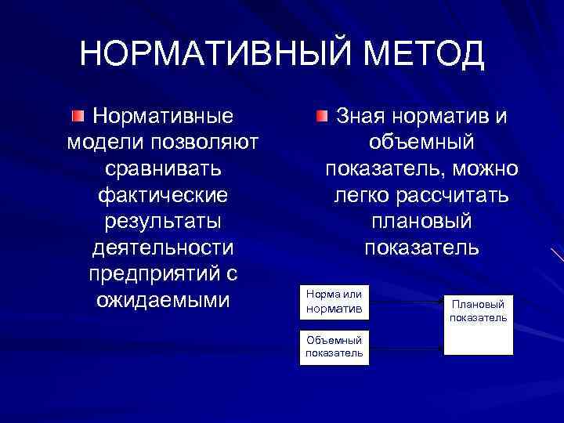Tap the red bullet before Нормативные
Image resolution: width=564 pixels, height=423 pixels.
[77, 117]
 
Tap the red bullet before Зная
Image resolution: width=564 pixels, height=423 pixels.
[322, 117]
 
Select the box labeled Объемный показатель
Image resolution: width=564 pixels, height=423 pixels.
[334, 346]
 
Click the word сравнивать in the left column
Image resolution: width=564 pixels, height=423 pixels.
[163, 169]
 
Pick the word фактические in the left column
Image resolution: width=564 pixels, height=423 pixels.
[163, 195]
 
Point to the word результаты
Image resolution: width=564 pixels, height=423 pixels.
[163, 222]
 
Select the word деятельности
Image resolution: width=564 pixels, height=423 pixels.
[163, 248]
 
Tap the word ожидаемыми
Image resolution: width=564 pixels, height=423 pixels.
[163, 300]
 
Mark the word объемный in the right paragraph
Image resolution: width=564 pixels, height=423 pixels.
[421, 143]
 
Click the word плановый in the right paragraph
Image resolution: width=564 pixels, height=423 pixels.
[421, 222]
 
